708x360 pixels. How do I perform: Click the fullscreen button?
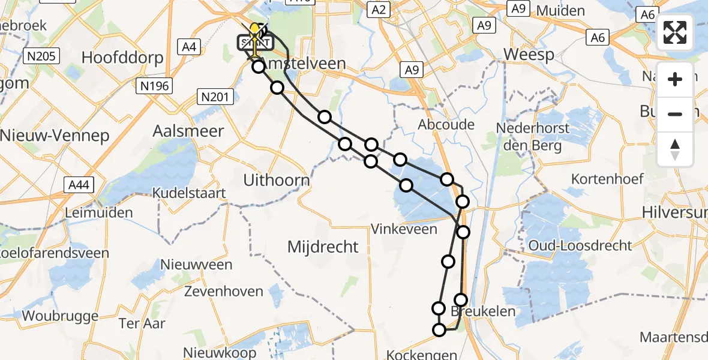pyautogui.click(x=675, y=32)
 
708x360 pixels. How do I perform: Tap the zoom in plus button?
pyautogui.click(x=675, y=79)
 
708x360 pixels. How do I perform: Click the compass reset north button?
pyautogui.click(x=675, y=149)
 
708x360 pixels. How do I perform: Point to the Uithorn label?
pyautogui.click(x=277, y=179)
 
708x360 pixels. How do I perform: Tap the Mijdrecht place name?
pyautogui.click(x=323, y=246)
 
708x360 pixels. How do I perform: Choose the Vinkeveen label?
pyautogui.click(x=404, y=229)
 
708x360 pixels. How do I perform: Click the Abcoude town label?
pyautogui.click(x=446, y=125)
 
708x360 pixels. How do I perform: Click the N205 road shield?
pyautogui.click(x=41, y=57)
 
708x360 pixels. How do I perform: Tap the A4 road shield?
pyautogui.click(x=190, y=47)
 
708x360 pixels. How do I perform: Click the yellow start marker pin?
pyautogui.click(x=254, y=31)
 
